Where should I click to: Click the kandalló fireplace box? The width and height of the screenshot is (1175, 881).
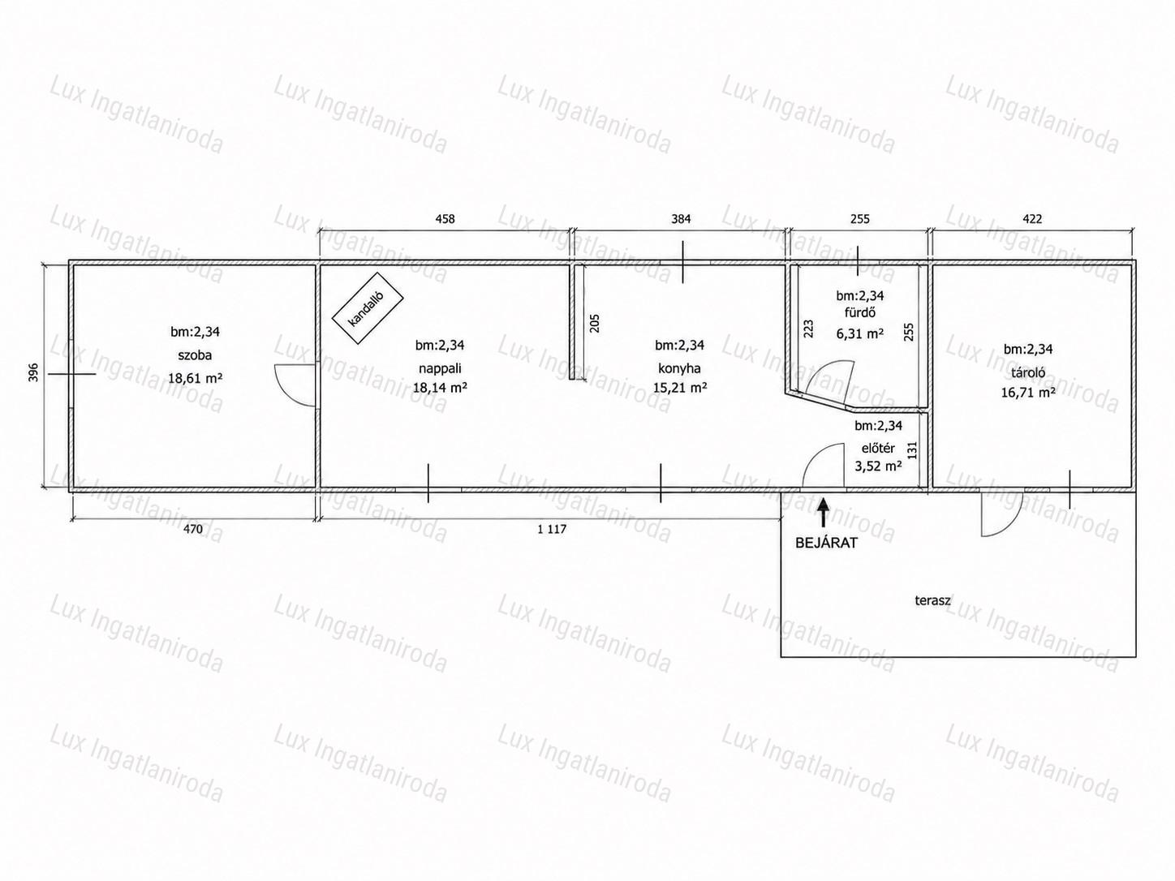pos(368,308)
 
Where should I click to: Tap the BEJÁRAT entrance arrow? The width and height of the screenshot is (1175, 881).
pos(824,513)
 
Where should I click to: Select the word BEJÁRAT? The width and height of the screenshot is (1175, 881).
pos(826,543)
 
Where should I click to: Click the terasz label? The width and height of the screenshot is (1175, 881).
pos(932,600)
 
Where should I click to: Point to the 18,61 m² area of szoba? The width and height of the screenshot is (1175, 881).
pos(196,378)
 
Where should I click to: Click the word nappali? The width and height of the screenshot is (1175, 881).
pos(440,368)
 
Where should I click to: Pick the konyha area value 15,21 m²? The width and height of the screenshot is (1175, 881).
pos(680,387)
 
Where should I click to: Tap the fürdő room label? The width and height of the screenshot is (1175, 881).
pos(859,313)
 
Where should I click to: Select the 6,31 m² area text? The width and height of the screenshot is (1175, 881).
pos(859,333)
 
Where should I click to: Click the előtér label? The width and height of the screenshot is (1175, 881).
pos(878,449)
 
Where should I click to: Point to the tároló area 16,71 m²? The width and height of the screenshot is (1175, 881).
pos(1028,393)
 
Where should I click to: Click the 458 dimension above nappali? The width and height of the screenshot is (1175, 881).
pos(445,219)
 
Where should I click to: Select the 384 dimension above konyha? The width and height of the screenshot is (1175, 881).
pos(681,219)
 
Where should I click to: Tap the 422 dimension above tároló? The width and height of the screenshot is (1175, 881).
pos(1032,219)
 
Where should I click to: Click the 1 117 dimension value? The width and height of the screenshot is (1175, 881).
pos(552,530)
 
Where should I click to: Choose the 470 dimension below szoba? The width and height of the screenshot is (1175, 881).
pos(193,530)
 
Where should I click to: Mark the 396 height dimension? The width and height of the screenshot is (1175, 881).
pos(33,373)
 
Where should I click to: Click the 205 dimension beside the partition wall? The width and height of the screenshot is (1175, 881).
pos(595,323)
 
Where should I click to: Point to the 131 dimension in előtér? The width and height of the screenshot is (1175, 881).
pos(913,450)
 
